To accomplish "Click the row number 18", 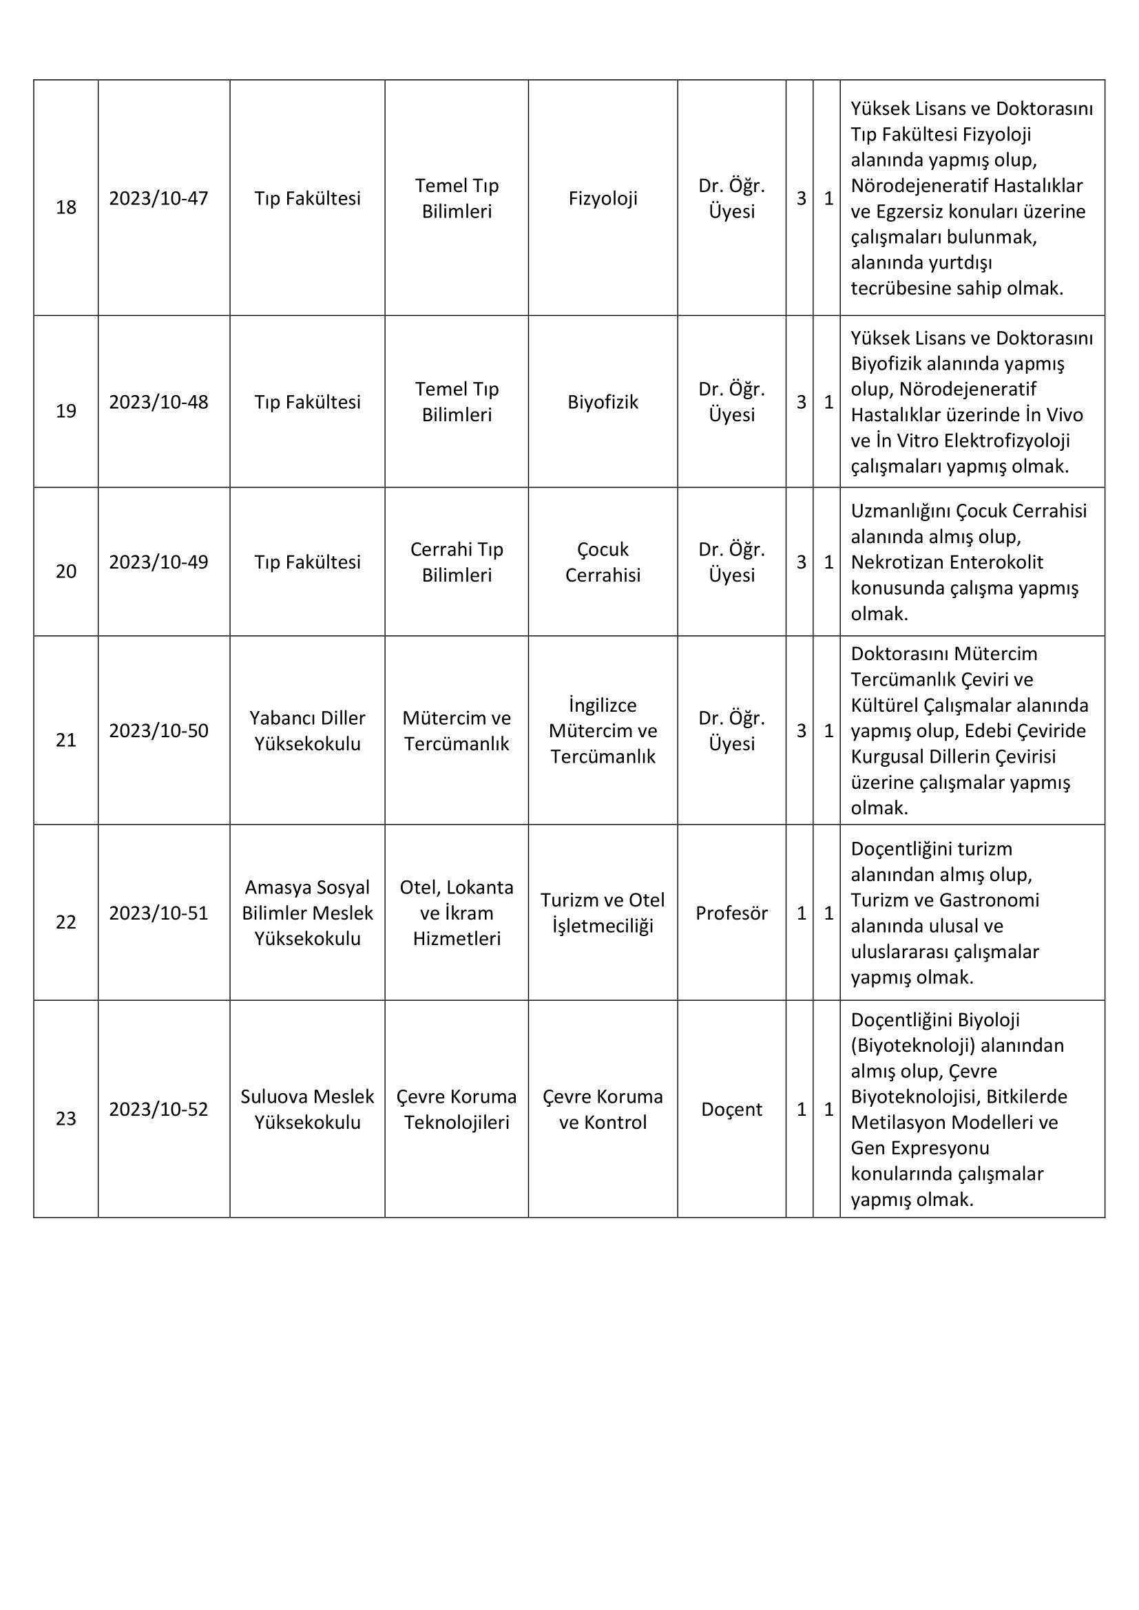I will [x=66, y=208].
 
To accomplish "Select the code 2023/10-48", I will [x=158, y=402].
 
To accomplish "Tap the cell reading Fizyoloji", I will [x=603, y=198].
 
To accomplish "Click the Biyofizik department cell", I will [x=603, y=402].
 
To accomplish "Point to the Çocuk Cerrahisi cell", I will [x=603, y=562].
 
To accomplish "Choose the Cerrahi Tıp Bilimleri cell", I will [x=457, y=562].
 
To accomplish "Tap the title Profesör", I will [x=731, y=913].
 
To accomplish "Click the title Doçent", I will [x=731, y=1110].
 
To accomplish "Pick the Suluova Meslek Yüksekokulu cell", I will [x=307, y=1110].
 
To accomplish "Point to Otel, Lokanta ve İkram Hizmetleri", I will [x=457, y=913].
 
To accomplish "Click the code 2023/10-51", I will [x=158, y=913].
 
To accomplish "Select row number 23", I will [x=66, y=1119].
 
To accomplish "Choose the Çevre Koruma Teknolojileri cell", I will [x=457, y=1110].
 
